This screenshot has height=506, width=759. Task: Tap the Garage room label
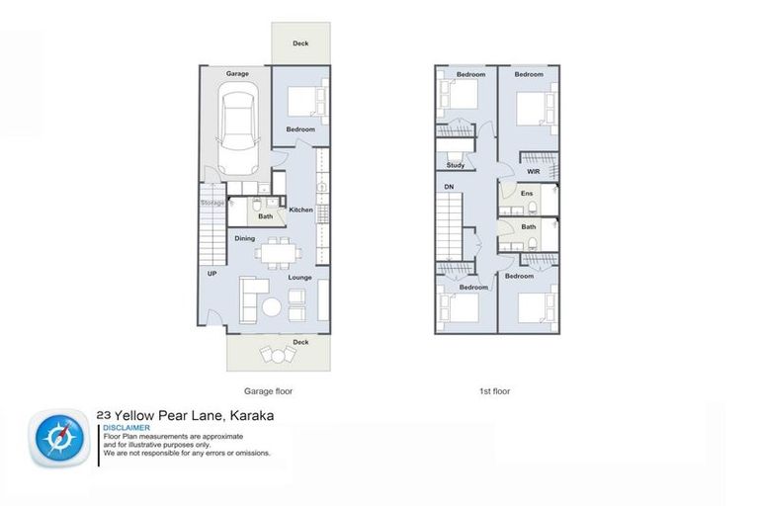click(237, 74)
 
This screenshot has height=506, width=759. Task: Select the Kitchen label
click(300, 210)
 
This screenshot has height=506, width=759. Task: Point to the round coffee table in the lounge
click(272, 307)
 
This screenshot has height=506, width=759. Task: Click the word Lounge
click(300, 278)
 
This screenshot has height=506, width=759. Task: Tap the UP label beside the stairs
click(211, 274)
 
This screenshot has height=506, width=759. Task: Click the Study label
click(455, 165)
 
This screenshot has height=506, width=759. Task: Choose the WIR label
click(533, 171)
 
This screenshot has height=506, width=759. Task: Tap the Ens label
click(527, 194)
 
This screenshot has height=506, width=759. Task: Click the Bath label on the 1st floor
click(528, 226)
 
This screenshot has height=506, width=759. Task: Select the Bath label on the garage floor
click(265, 216)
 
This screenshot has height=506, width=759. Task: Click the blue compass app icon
click(60, 438)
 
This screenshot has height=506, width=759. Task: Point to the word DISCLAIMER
click(126, 427)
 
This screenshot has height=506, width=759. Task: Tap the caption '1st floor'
click(495, 391)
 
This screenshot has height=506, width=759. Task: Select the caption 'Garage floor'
click(268, 391)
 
